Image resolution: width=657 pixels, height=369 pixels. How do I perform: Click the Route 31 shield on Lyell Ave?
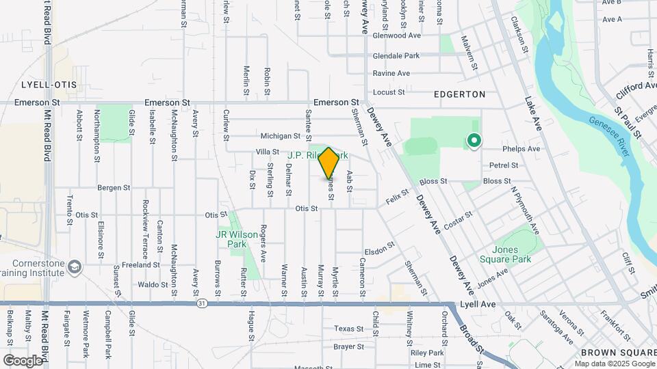pos(201,301)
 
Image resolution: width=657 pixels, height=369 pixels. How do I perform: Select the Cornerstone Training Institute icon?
pos(75,265)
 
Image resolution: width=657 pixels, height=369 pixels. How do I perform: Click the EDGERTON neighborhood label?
pos(459,94)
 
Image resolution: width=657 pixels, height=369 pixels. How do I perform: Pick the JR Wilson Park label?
pos(237,238)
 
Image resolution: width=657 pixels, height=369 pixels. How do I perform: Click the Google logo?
pos(23,360)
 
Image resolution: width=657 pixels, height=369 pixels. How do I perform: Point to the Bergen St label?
pos(114,187)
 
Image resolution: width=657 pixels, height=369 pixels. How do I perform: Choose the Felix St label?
pos(397,198)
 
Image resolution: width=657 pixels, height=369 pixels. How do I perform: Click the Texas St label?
pos(349,329)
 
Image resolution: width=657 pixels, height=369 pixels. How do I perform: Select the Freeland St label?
pos(141,264)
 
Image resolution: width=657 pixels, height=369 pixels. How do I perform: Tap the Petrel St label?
pos(503,165)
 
